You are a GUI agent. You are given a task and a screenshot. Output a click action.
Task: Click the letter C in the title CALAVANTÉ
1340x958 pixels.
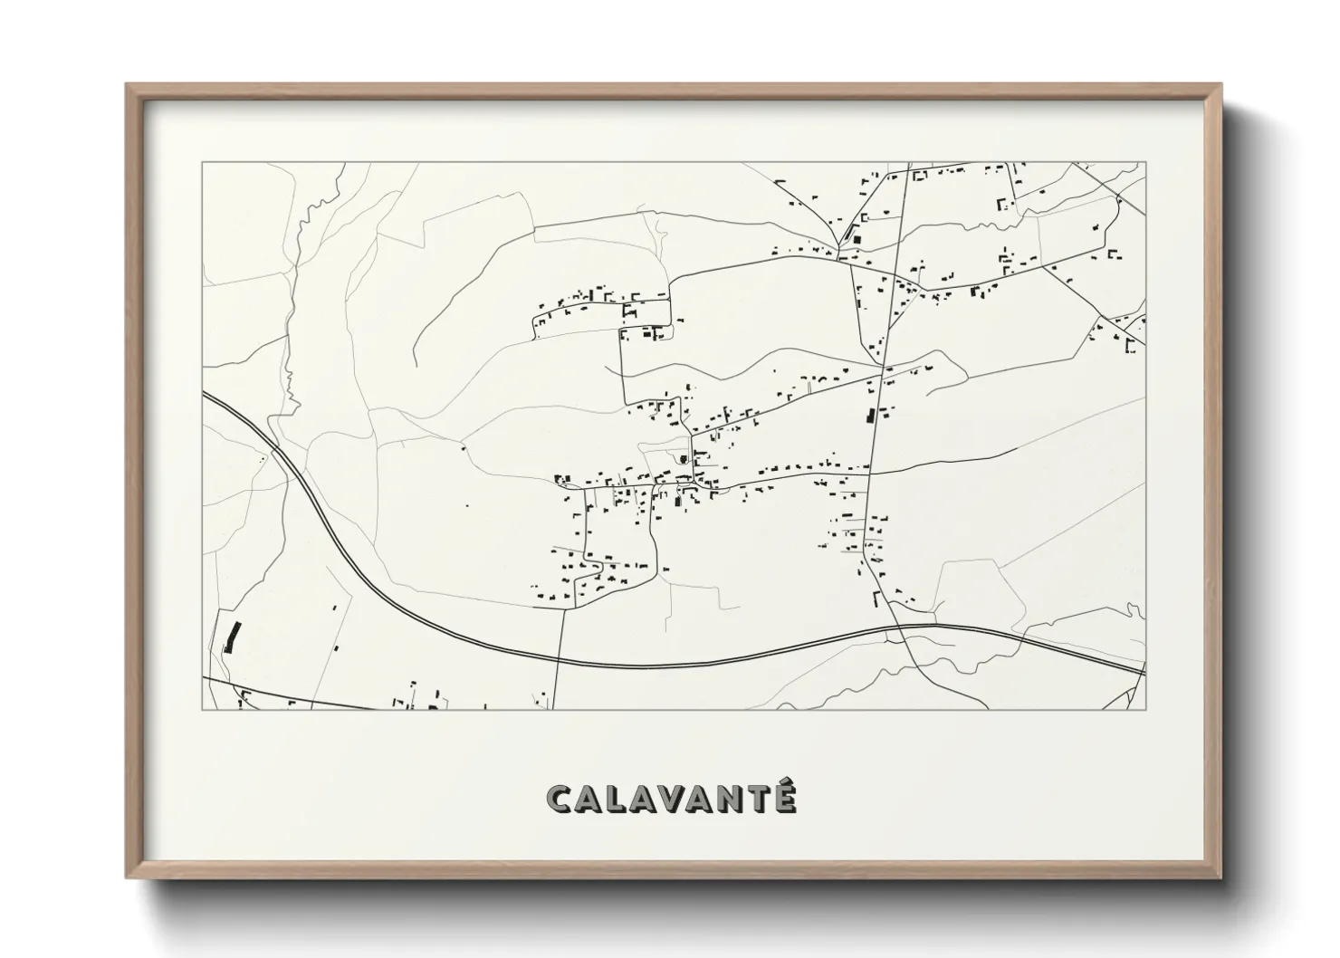coord(560,800)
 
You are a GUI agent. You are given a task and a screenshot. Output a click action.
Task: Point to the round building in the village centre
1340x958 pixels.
coord(683,459)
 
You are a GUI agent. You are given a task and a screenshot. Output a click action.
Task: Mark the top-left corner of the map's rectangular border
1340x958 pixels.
coord(203,163)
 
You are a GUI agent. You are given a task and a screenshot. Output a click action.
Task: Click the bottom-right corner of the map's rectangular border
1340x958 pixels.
coord(1145,709)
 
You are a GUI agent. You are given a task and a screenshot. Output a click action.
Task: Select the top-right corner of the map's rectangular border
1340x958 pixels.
coord(1145,163)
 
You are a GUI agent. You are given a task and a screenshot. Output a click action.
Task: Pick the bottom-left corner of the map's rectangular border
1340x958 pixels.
coord(203,709)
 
